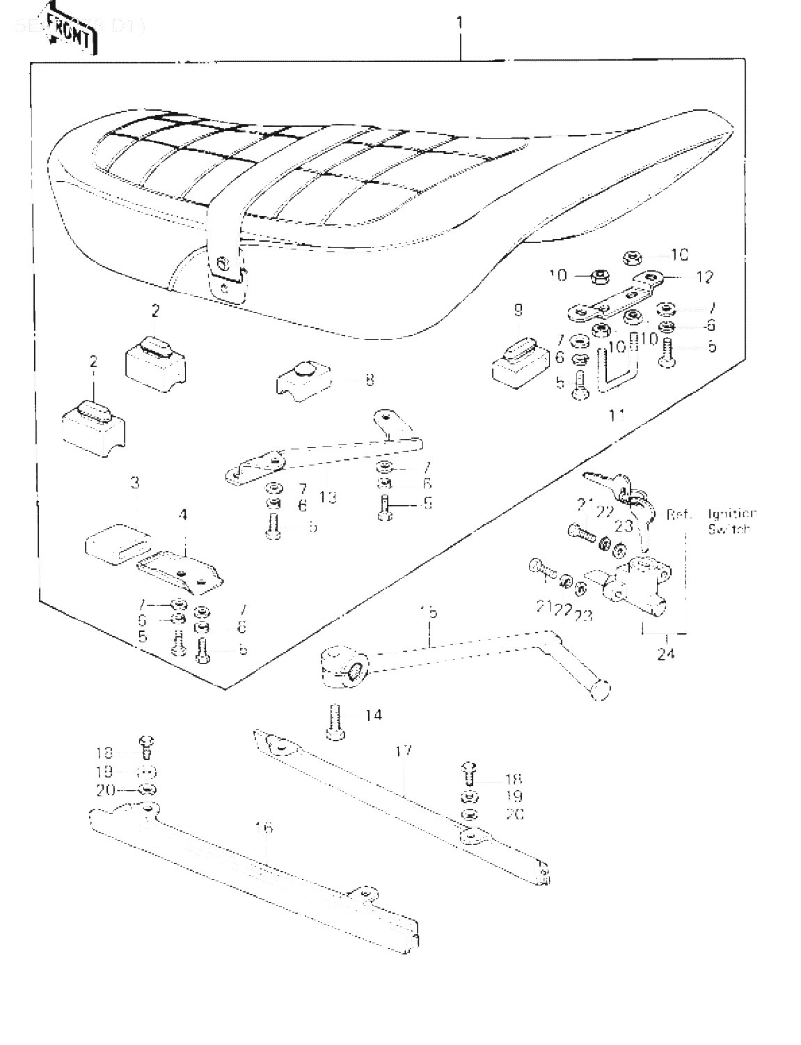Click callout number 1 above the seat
click(x=459, y=23)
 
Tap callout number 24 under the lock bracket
click(x=666, y=654)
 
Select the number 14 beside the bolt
click(x=374, y=715)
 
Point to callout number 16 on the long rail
click(x=264, y=828)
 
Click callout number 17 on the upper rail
click(x=404, y=751)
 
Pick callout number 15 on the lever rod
click(x=429, y=612)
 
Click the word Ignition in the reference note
click(x=732, y=514)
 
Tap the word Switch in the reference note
click(x=729, y=529)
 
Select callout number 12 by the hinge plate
click(x=704, y=277)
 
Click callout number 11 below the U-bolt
click(x=617, y=415)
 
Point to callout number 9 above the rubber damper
click(x=518, y=310)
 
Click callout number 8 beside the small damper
click(x=369, y=380)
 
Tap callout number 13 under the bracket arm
click(x=328, y=497)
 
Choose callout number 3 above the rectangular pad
click(x=135, y=482)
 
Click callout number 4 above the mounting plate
click(x=183, y=516)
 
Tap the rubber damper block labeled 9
click(x=518, y=361)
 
